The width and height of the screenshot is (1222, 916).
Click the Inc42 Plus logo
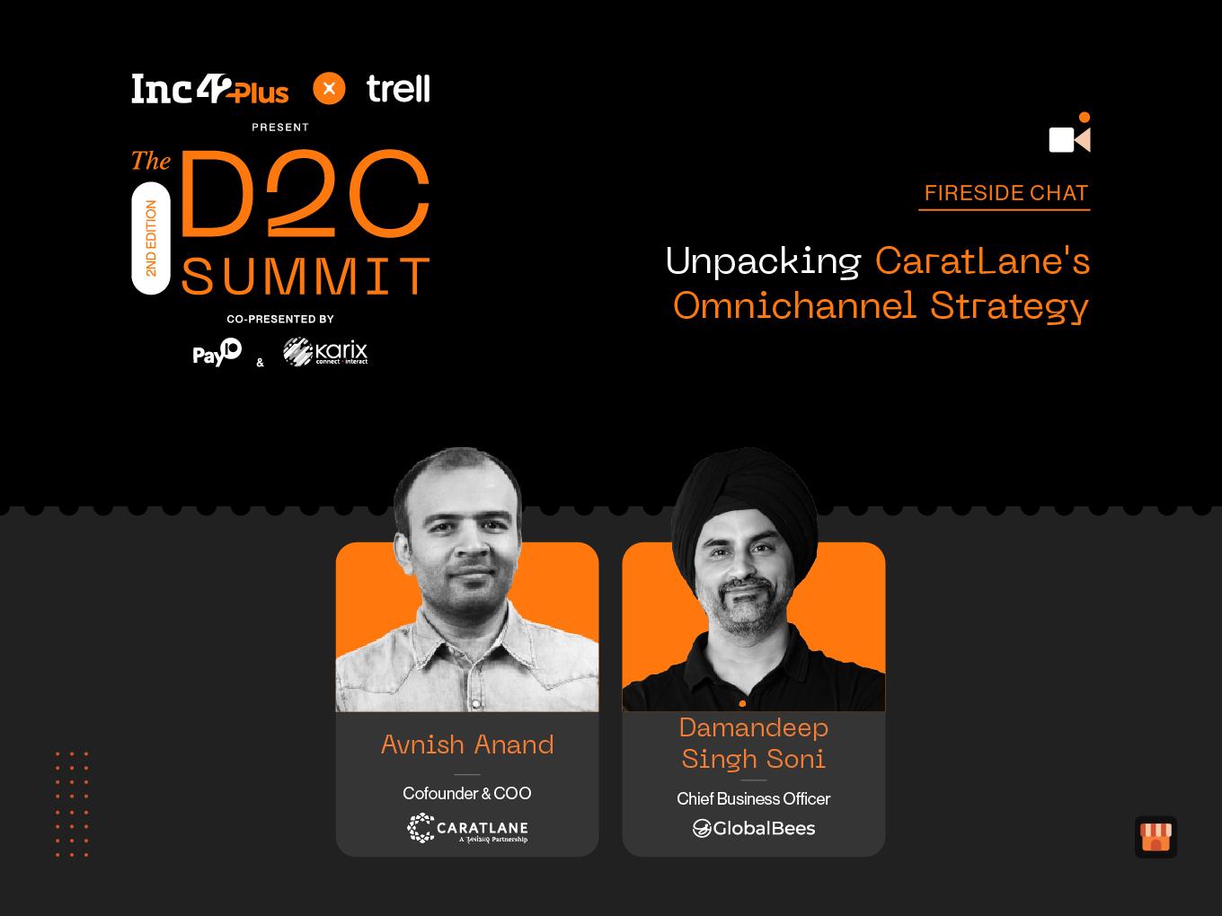coord(210,88)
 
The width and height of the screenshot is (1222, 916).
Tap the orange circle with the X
coord(329,88)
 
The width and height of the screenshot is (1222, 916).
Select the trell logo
coord(398,88)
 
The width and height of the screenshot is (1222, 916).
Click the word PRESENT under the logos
coord(280,128)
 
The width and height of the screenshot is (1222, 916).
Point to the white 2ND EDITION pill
coord(151,238)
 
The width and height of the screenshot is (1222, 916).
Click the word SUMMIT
coord(305,276)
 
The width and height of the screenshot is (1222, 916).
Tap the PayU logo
coord(217,352)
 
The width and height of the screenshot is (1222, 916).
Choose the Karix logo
coord(325,351)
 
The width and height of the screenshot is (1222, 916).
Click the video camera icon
coord(1069,134)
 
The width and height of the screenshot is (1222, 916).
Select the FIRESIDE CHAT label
coord(1006,193)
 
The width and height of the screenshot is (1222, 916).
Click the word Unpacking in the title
coord(763,260)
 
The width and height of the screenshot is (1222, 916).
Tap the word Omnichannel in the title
coord(794,305)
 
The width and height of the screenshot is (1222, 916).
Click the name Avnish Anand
coord(467,744)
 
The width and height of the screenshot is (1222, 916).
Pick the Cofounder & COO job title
coord(467,793)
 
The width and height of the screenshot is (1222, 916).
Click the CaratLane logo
coord(467,828)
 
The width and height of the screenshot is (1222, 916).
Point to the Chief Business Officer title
coord(753,798)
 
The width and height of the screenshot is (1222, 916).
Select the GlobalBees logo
coord(753,829)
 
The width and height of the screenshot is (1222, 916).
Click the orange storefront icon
coord(1156,837)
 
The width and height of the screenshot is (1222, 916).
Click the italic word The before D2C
coord(151,161)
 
